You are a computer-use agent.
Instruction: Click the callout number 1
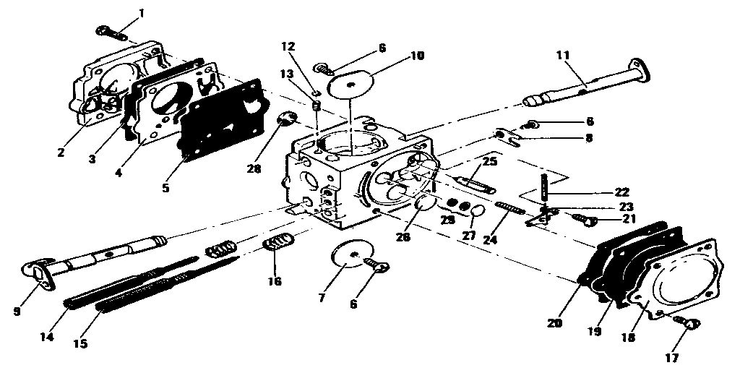pos(141,13)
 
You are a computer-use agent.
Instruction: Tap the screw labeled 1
pos(110,32)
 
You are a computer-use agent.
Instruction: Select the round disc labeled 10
pos(352,84)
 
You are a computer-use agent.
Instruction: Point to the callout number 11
pos(563,55)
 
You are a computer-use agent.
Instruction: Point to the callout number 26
pos(402,237)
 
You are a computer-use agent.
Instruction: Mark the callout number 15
pos(80,344)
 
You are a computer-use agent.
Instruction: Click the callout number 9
pos(16,313)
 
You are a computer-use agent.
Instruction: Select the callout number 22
pos(621,192)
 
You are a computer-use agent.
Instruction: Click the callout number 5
pos(165,188)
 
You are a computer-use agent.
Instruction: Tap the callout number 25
pos(490,161)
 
